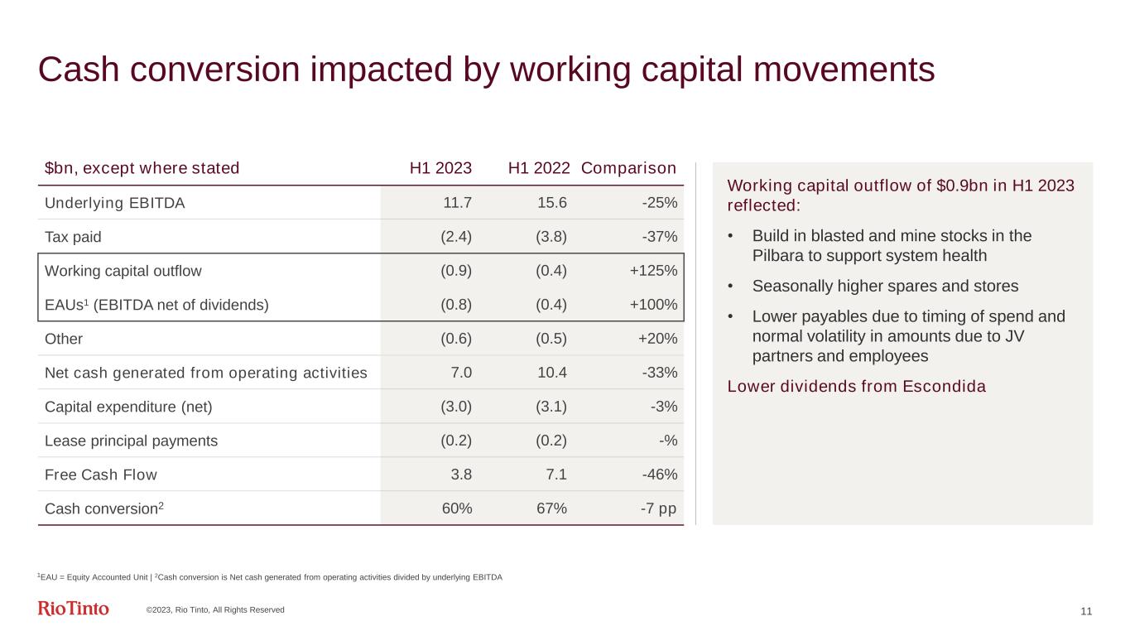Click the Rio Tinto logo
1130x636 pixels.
pos(73,609)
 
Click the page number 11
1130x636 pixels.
pos(1087,611)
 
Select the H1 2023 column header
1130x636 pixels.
pos(440,168)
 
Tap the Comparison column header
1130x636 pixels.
pos(628,168)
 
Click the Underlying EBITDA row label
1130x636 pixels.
pos(114,202)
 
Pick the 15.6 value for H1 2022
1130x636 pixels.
pos(551,202)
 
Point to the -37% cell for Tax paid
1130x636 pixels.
pos(660,237)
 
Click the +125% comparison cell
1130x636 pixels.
pos(656,271)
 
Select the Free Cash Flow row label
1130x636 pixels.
pos(100,475)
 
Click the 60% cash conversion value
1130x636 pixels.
pos(457,508)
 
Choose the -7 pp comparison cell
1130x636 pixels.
pos(657,508)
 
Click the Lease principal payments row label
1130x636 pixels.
pos(131,441)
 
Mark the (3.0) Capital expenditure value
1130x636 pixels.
pos(456,407)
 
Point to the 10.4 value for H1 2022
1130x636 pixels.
pos(551,373)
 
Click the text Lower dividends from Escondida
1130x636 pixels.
pos(856,387)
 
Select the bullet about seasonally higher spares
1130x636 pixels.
pos(885,287)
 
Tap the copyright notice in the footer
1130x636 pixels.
pos(215,610)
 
